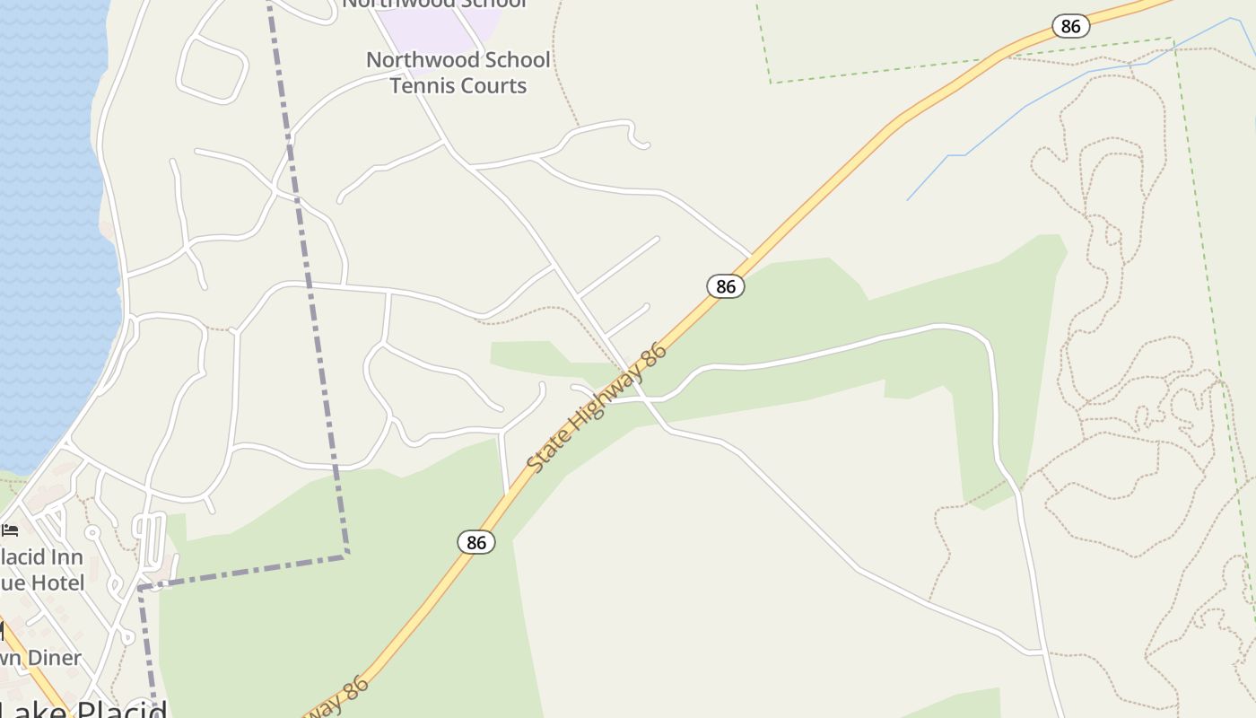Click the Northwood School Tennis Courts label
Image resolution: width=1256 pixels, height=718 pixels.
tap(458, 73)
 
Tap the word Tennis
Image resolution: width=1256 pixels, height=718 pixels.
tap(423, 86)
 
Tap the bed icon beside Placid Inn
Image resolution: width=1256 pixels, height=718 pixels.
tap(10, 530)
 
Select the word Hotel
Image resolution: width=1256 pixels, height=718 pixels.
tap(56, 583)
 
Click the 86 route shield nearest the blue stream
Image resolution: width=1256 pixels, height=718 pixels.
tap(1070, 26)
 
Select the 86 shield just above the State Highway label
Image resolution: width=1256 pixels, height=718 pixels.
tap(726, 286)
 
